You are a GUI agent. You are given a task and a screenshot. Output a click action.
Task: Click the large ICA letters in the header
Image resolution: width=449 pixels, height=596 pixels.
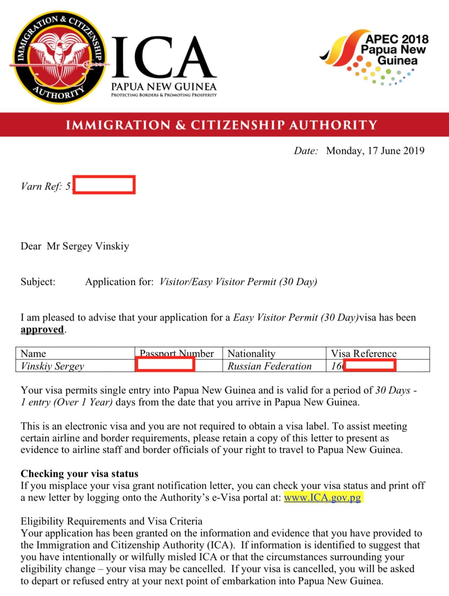[x=164, y=57]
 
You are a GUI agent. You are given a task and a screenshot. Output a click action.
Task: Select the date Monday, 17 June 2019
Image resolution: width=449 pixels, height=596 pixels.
[x=375, y=150]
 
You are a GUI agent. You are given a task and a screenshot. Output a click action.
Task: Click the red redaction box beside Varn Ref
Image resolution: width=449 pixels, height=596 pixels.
[x=104, y=185]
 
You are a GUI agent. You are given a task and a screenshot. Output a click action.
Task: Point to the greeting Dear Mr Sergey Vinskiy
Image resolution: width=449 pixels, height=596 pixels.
[x=75, y=246]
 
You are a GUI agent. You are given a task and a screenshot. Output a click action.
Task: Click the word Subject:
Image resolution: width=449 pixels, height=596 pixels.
[x=38, y=282]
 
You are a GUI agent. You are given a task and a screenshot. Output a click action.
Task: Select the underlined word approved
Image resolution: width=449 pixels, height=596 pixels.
[x=42, y=330]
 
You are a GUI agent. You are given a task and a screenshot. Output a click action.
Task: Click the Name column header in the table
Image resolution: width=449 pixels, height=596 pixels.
[x=33, y=353]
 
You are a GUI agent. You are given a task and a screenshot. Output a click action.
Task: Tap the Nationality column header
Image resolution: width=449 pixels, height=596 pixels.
[x=251, y=353]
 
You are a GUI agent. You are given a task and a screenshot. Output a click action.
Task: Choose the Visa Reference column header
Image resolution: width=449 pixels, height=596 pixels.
[x=364, y=353]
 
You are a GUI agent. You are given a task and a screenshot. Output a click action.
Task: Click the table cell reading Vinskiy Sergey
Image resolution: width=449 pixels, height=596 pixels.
[x=52, y=366]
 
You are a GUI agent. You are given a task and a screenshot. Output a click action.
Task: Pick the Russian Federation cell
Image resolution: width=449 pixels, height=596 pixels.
[x=270, y=366]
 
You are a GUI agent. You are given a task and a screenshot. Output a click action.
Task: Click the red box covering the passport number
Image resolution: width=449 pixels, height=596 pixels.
[x=165, y=364]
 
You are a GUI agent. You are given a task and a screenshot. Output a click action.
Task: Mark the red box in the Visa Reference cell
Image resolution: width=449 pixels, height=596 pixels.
[x=369, y=365]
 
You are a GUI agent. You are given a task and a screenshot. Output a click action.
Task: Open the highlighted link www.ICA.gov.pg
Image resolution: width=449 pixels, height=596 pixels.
[x=322, y=498]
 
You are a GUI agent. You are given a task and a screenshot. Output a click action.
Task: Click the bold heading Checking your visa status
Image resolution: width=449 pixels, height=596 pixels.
[x=79, y=473]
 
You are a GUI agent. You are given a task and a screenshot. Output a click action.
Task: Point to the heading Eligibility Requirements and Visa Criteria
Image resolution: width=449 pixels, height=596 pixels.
[x=111, y=521]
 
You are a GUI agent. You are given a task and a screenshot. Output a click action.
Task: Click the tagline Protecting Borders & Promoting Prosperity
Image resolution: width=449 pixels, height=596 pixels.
[x=164, y=95]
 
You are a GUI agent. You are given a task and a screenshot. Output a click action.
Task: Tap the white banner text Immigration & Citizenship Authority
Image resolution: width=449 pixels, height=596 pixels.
[x=222, y=125]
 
